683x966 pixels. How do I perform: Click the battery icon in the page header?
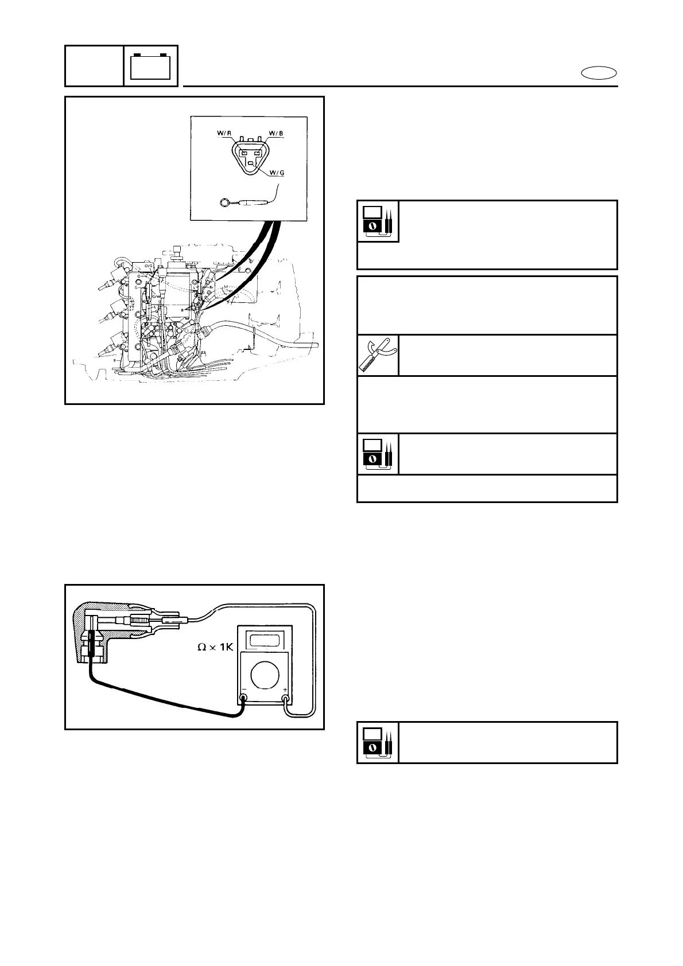tap(150, 66)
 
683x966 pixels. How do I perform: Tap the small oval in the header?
tap(599, 73)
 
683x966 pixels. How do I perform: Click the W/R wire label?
tap(224, 134)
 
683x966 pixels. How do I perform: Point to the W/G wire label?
tap(275, 173)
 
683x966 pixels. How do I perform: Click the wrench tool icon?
tap(378, 355)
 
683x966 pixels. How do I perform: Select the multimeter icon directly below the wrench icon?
tap(378, 454)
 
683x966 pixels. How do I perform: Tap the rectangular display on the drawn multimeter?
tap(265, 639)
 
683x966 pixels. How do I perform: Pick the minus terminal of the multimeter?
tap(243, 699)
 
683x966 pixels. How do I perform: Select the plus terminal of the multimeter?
tap(285, 699)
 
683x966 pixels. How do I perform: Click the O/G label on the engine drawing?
tap(149, 266)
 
